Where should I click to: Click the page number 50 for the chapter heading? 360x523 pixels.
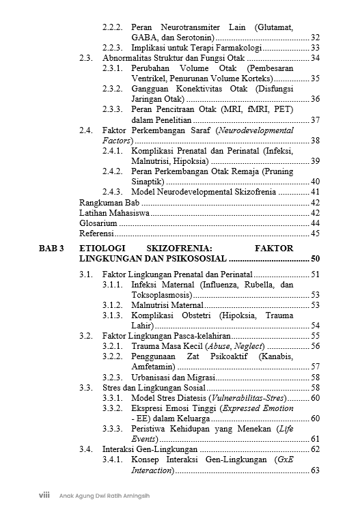coord(315,259)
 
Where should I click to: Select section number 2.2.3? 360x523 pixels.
coord(113,48)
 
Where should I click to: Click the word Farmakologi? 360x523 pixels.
coord(234,48)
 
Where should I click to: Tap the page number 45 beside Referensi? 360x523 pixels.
coord(315,234)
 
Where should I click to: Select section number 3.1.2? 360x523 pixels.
coord(113,305)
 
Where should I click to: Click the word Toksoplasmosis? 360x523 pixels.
coord(161,294)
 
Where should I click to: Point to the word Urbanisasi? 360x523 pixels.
coord(153,377)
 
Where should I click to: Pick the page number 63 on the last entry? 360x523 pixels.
coord(315,470)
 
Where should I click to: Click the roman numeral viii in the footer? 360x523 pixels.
coord(43,495)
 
